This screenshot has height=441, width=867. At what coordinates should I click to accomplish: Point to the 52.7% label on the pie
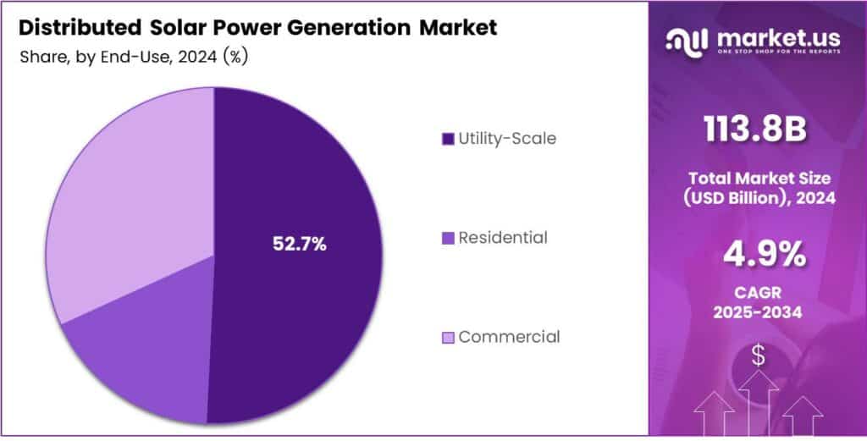click(299, 244)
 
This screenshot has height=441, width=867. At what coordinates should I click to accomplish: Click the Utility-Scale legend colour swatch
click(448, 139)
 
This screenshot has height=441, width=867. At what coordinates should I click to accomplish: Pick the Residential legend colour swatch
click(448, 239)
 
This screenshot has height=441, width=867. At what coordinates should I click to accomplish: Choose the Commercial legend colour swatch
click(448, 338)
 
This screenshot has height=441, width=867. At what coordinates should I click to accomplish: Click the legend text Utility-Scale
click(507, 138)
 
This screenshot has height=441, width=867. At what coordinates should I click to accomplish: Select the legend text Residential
click(502, 238)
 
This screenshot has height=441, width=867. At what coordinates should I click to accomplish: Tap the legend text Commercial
click(509, 337)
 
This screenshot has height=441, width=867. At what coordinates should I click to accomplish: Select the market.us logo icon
click(688, 40)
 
